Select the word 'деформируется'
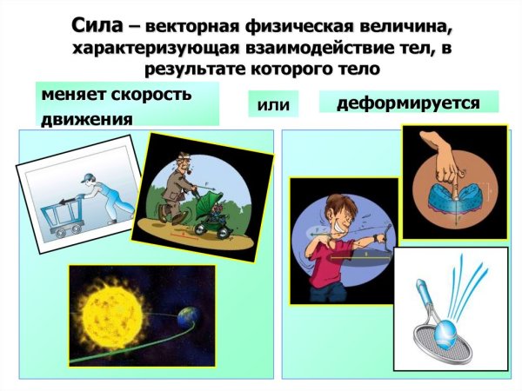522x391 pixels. pyautogui.click(x=408, y=103)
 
